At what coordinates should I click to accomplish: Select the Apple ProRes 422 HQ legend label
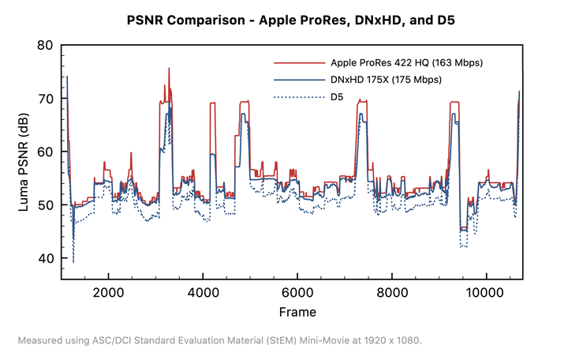[x=407, y=62]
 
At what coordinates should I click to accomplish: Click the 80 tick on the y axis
[x=45, y=45]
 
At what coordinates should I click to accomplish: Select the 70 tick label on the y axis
[x=45, y=99]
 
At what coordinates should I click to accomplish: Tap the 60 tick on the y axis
[x=45, y=152]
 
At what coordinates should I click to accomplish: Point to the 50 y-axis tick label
[x=45, y=205]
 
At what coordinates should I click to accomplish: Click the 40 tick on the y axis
[x=45, y=258]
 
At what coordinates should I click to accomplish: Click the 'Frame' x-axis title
[x=298, y=312]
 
